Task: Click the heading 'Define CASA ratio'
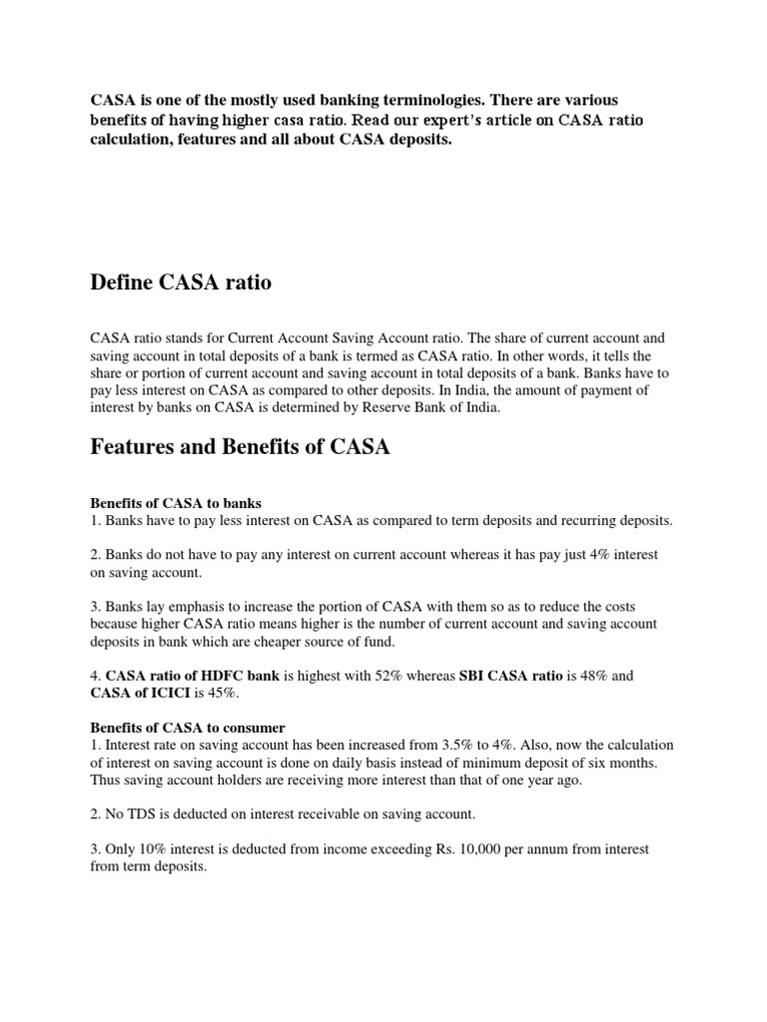(x=181, y=284)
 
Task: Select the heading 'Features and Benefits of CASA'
(x=240, y=448)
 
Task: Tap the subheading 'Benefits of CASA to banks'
(x=176, y=502)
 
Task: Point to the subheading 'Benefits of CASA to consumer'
(x=188, y=728)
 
